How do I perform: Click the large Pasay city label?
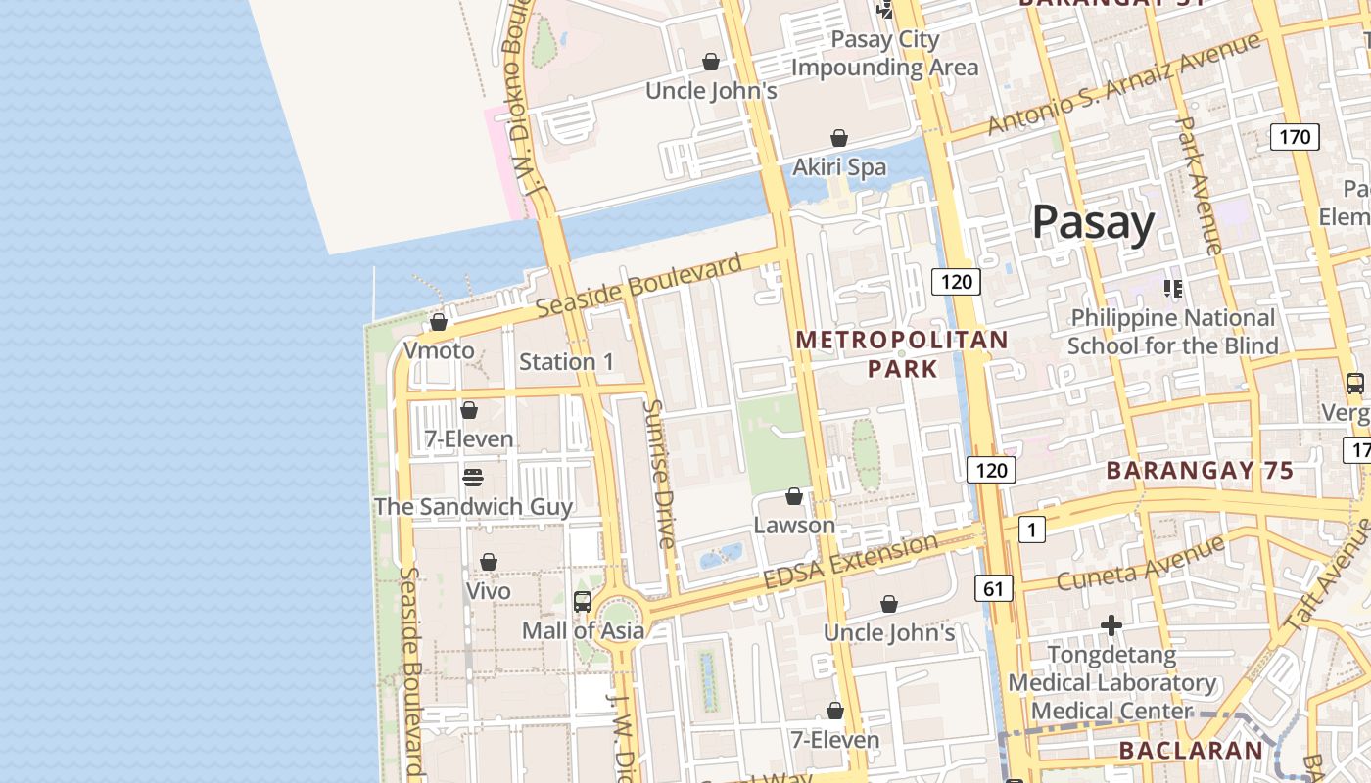pos(1093,223)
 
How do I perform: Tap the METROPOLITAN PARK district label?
pos(901,354)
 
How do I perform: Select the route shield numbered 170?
pos(1294,137)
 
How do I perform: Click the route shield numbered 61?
pos(993,588)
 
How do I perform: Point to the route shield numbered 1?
pos(1031,530)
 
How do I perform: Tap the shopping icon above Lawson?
pos(794,497)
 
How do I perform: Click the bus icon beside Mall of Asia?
pos(583,601)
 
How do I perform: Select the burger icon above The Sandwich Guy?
pos(473,478)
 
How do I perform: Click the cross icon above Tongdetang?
pos(1111,625)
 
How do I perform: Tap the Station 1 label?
pos(566,362)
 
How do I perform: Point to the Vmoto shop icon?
pos(439,322)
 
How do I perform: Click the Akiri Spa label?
pos(839,167)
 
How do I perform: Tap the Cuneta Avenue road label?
pos(1141,563)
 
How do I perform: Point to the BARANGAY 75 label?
pos(1200,471)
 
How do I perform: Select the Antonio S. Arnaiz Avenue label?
pos(1122,85)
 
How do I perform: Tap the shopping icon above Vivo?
pos(488,563)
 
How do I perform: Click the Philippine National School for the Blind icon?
pos(1172,289)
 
